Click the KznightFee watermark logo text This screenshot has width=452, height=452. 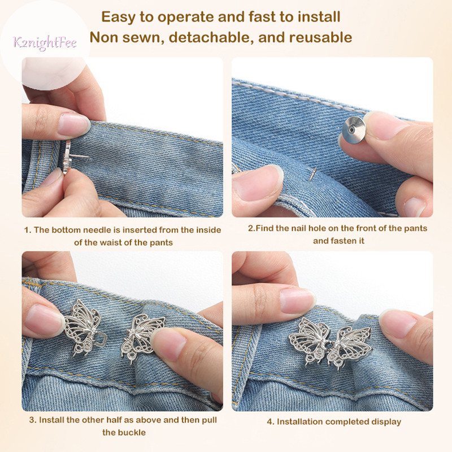tap(45, 43)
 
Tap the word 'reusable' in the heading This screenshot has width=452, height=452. tap(320, 38)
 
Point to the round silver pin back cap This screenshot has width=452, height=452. tap(354, 130)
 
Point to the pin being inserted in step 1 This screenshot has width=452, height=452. tap(76, 157)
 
